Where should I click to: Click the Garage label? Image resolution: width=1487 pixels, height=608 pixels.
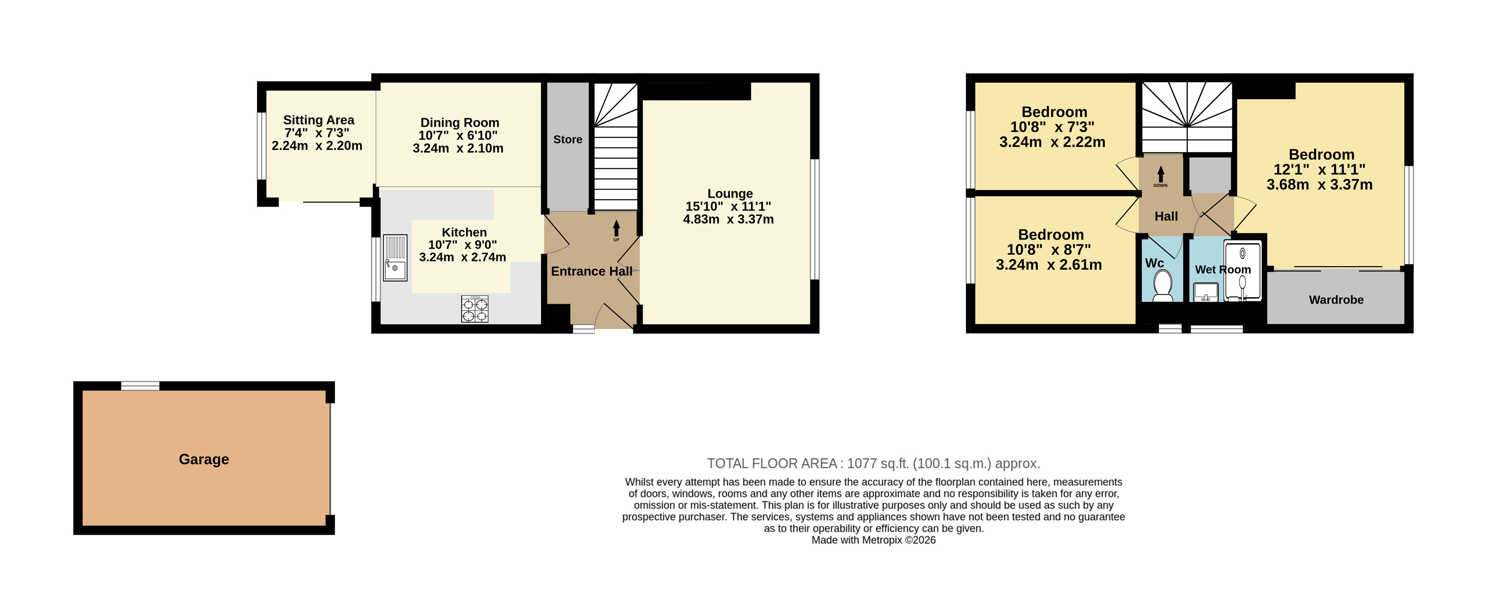[x=204, y=459]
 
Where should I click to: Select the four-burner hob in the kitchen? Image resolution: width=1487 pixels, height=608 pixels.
[x=474, y=308]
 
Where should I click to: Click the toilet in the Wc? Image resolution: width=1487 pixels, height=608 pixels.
[x=1162, y=286]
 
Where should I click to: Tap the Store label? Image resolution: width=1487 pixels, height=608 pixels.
[x=567, y=139]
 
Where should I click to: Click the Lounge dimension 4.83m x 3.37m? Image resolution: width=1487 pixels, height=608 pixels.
[x=728, y=219]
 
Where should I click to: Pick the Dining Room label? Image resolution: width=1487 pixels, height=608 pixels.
[x=460, y=123]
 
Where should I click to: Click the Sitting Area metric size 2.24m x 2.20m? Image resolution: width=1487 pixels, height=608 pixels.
[x=317, y=145]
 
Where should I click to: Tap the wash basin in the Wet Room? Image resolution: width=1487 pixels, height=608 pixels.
[x=1205, y=292]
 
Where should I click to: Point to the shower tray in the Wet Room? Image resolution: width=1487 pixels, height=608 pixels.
[x=1242, y=271]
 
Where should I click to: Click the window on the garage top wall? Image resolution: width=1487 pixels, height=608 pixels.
[x=140, y=386]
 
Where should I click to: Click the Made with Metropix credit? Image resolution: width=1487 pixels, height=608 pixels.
[x=873, y=540]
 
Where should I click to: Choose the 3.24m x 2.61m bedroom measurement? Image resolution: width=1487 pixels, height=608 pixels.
[x=1049, y=265]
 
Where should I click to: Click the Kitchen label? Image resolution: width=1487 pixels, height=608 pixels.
[x=464, y=232]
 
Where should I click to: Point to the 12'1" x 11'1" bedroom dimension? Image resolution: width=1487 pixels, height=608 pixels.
[x=1320, y=170]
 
